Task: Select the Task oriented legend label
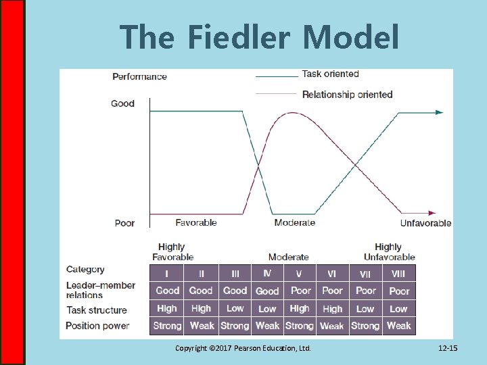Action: [x=330, y=74]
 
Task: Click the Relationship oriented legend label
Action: [x=347, y=95]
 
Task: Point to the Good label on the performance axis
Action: [x=123, y=103]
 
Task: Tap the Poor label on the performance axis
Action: [x=124, y=223]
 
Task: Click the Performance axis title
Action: [x=139, y=76]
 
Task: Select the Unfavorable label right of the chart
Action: [x=425, y=223]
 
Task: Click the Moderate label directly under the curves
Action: [x=295, y=222]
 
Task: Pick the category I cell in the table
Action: [x=167, y=274]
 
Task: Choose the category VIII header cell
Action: [x=398, y=274]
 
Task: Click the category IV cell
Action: [x=267, y=273]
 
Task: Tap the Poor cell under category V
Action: [x=300, y=291]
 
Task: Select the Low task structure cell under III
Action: [x=235, y=308]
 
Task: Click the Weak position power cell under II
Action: [x=202, y=326]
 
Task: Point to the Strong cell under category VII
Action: [x=365, y=326]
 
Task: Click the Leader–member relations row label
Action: [x=101, y=290]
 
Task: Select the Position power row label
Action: [x=97, y=326]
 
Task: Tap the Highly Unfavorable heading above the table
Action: [x=389, y=251]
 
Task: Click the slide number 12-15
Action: [x=448, y=348]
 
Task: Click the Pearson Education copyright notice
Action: [x=243, y=348]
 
